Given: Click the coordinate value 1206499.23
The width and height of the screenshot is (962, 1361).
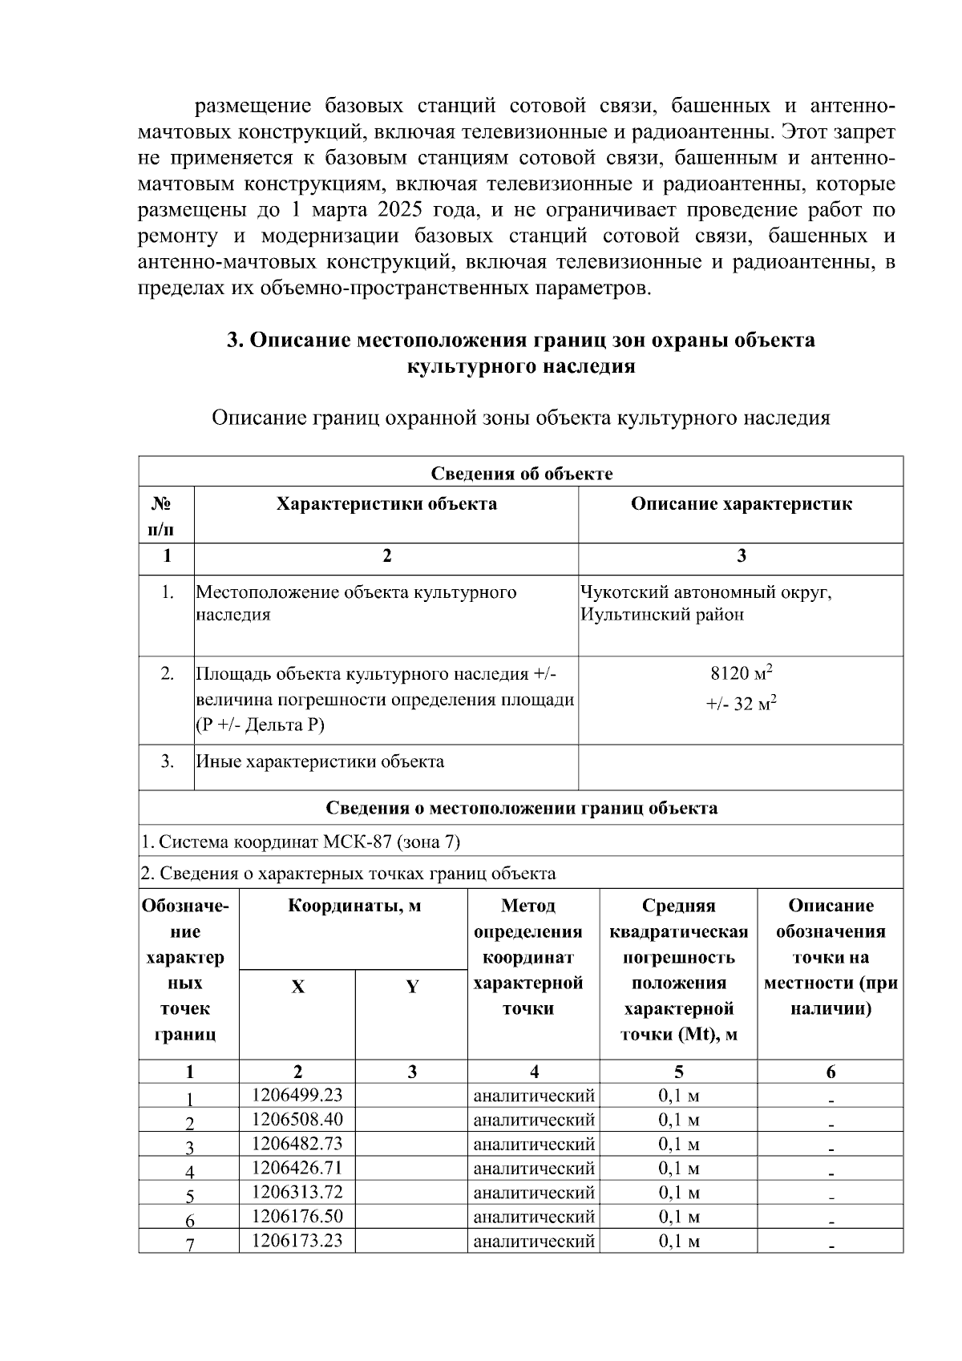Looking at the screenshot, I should (297, 1095).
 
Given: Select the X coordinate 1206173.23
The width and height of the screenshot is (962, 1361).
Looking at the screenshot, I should (297, 1241).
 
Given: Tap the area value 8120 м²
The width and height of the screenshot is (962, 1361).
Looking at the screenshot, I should (741, 672).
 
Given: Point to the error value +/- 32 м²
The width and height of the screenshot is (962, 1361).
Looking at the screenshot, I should (741, 705).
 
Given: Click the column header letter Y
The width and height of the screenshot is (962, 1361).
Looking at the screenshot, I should (411, 987).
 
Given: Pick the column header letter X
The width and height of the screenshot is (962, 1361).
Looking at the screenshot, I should (297, 987).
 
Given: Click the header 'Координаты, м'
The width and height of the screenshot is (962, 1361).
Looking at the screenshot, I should (354, 907).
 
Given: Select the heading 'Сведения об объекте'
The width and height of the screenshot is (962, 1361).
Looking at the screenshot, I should (521, 474).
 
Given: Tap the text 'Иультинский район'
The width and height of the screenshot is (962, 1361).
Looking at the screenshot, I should (662, 615).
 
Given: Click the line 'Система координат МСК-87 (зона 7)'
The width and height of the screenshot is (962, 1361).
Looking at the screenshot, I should (301, 842).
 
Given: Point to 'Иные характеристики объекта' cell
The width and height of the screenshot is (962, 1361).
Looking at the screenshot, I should (320, 761).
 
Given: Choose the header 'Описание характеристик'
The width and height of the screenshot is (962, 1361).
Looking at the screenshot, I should (741, 504).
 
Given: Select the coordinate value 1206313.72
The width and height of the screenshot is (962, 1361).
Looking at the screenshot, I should (297, 1192).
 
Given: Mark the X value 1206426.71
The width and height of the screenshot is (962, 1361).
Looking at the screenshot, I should (297, 1168).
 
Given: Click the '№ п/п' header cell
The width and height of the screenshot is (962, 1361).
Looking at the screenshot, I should (166, 516).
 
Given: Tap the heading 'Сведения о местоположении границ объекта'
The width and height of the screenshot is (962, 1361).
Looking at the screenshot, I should (521, 808).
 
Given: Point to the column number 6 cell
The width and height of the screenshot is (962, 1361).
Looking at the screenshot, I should (831, 1072).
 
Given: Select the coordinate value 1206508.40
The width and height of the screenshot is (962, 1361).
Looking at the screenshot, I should (297, 1119).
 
